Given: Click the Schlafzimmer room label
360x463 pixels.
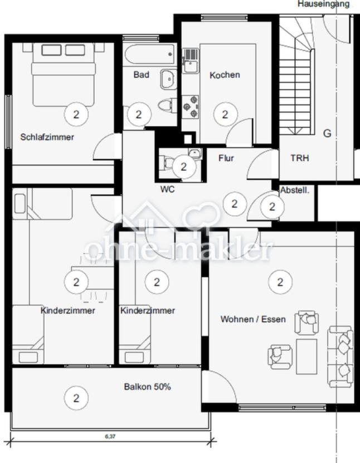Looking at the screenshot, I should point(47,137).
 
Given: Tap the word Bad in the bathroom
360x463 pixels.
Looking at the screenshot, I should point(141,74).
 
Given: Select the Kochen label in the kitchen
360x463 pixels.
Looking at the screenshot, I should point(225,75).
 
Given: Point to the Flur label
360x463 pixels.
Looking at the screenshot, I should point(226,158).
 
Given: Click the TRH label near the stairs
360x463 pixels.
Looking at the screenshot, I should point(299,158).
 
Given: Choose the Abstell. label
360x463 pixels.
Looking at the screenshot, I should point(294,190).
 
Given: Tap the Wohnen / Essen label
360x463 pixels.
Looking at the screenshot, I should point(253,320).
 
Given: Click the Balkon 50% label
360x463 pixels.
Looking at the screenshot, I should point(147,387).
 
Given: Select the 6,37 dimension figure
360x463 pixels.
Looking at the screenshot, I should point(110,436).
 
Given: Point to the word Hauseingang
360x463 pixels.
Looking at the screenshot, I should point(324,4).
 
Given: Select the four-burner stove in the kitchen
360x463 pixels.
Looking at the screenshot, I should point(191,105).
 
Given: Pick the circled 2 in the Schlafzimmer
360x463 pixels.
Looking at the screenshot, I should point(76,115).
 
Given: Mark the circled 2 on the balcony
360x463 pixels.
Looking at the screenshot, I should point(76,398).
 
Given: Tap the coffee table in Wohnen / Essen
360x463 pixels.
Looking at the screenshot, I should point(306,356).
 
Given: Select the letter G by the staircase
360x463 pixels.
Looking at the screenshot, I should point(327,133).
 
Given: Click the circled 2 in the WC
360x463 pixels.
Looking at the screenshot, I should point(184,166).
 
